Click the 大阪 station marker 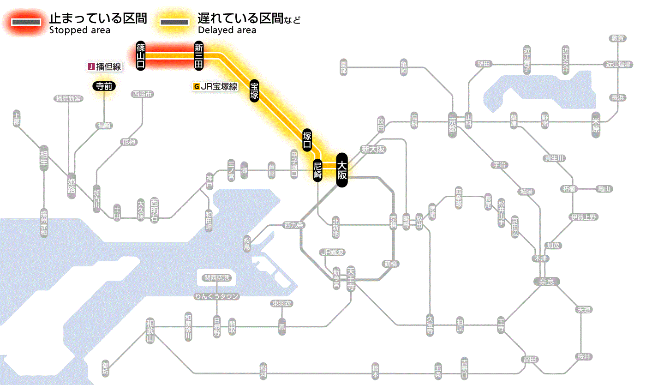(x=341, y=170)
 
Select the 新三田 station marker (x=199, y=56)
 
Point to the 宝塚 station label (x=254, y=90)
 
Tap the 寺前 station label (x=104, y=85)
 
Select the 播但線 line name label (x=105, y=66)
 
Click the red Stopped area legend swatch (x=28, y=22)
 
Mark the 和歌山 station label (x=150, y=331)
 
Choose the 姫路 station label (x=72, y=185)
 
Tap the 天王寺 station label (x=351, y=278)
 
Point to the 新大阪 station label (x=373, y=150)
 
